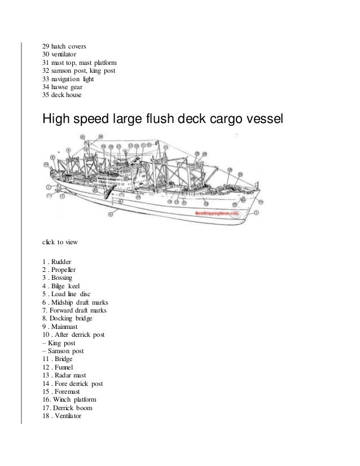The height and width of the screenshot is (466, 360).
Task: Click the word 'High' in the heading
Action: click(58, 119)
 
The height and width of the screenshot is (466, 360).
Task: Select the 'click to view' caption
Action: click(60, 242)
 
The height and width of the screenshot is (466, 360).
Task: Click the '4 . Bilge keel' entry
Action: click(62, 287)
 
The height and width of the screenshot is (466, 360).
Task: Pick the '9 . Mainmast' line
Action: click(61, 326)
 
